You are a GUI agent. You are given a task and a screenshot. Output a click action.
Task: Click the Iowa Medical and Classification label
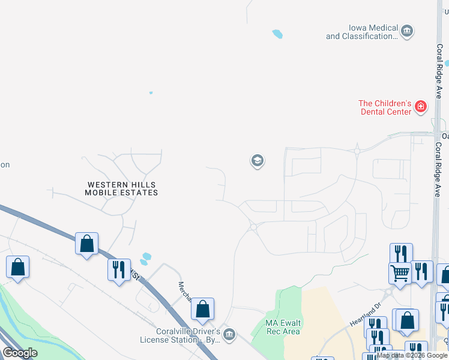[362, 32]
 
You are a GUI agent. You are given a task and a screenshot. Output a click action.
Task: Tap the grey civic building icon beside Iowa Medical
[407, 31]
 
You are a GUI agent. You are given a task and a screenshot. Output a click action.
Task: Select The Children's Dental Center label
[385, 107]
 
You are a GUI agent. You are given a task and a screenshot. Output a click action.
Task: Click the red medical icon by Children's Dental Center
[421, 107]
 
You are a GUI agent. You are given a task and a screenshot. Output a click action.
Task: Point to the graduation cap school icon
[257, 161]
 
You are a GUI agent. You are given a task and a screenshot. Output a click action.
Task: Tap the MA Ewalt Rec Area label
[283, 327]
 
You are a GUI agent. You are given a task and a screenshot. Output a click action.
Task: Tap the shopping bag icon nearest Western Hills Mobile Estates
[87, 244]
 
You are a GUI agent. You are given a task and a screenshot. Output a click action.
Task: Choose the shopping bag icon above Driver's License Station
[203, 308]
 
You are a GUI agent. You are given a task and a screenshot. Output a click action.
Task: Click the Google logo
[20, 353]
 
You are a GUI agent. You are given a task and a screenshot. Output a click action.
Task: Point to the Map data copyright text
[412, 355]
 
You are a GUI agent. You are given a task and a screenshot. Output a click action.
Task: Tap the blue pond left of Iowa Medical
[277, 34]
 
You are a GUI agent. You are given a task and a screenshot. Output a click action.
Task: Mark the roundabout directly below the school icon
[253, 227]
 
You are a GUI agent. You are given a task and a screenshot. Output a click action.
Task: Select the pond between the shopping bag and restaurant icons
[145, 259]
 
